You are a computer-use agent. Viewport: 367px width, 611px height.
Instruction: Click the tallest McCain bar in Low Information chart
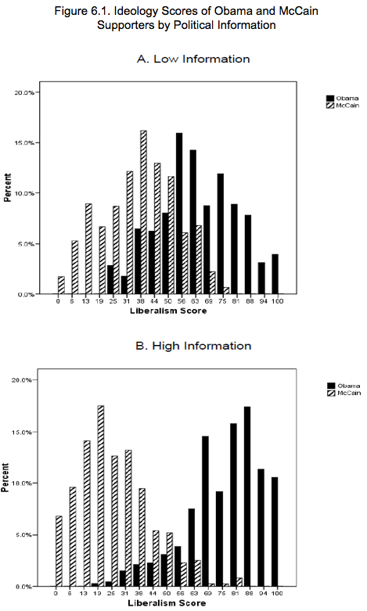tap(143, 212)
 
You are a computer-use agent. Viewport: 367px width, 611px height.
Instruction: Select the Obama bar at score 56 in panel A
tap(179, 214)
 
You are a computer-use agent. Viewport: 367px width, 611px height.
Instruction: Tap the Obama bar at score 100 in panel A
tap(275, 274)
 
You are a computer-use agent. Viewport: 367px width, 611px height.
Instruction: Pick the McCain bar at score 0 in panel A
tap(61, 286)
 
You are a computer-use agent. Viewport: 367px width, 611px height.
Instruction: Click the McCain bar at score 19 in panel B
tap(101, 496)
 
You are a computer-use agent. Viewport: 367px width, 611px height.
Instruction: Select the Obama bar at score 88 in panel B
tap(247, 497)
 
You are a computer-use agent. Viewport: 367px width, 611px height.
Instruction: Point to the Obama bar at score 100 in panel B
tap(275, 531)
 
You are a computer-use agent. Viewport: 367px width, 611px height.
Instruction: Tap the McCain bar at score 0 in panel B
tap(59, 551)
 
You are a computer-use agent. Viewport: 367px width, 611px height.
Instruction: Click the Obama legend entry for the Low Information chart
tap(343, 99)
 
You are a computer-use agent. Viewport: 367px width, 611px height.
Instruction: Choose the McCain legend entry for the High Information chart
tap(344, 393)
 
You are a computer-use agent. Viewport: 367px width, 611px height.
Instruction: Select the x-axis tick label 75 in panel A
tap(221, 301)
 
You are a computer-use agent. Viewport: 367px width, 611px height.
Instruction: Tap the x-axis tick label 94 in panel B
tap(264, 593)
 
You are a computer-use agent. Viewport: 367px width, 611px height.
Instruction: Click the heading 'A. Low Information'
tap(193, 59)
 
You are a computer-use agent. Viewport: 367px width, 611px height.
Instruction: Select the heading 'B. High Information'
tap(193, 346)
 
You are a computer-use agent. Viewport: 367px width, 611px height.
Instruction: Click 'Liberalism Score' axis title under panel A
tap(168, 311)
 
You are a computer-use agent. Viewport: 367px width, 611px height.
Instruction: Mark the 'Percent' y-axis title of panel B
tap(5, 477)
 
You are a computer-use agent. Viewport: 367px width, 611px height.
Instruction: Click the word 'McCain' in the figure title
tap(298, 10)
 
